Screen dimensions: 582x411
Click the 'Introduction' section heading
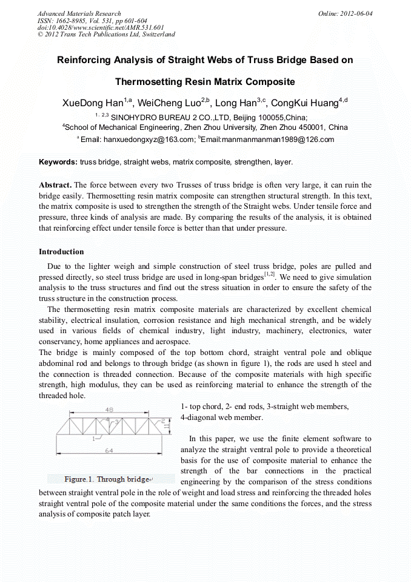point(61,251)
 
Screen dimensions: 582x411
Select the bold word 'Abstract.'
point(55,184)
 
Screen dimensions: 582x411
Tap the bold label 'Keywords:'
point(58,162)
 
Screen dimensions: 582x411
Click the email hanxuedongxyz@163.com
point(149,140)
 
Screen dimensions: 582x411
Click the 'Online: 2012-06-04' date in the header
point(345,13)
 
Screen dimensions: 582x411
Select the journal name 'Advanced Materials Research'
point(79,13)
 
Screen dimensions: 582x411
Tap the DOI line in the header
point(101,27)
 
